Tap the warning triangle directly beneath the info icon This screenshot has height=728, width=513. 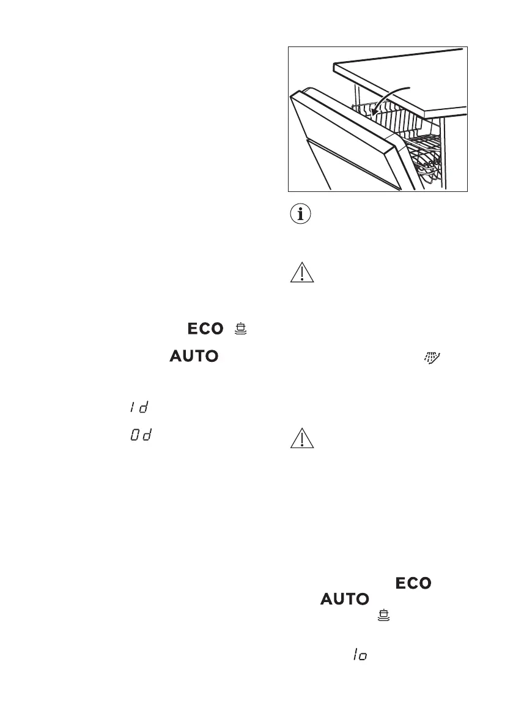pyautogui.click(x=301, y=272)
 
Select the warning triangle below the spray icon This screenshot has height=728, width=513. pyautogui.click(x=301, y=439)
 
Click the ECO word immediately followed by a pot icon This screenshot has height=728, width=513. pyautogui.click(x=205, y=329)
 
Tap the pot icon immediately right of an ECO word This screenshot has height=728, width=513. pyautogui.click(x=241, y=329)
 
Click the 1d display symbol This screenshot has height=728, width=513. pyautogui.click(x=139, y=406)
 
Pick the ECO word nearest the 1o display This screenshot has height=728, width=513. pyautogui.click(x=414, y=584)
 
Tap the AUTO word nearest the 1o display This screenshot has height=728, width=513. pyautogui.click(x=345, y=600)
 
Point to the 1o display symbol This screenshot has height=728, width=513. pyautogui.click(x=359, y=654)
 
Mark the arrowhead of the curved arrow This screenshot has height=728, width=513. pyautogui.click(x=375, y=114)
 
